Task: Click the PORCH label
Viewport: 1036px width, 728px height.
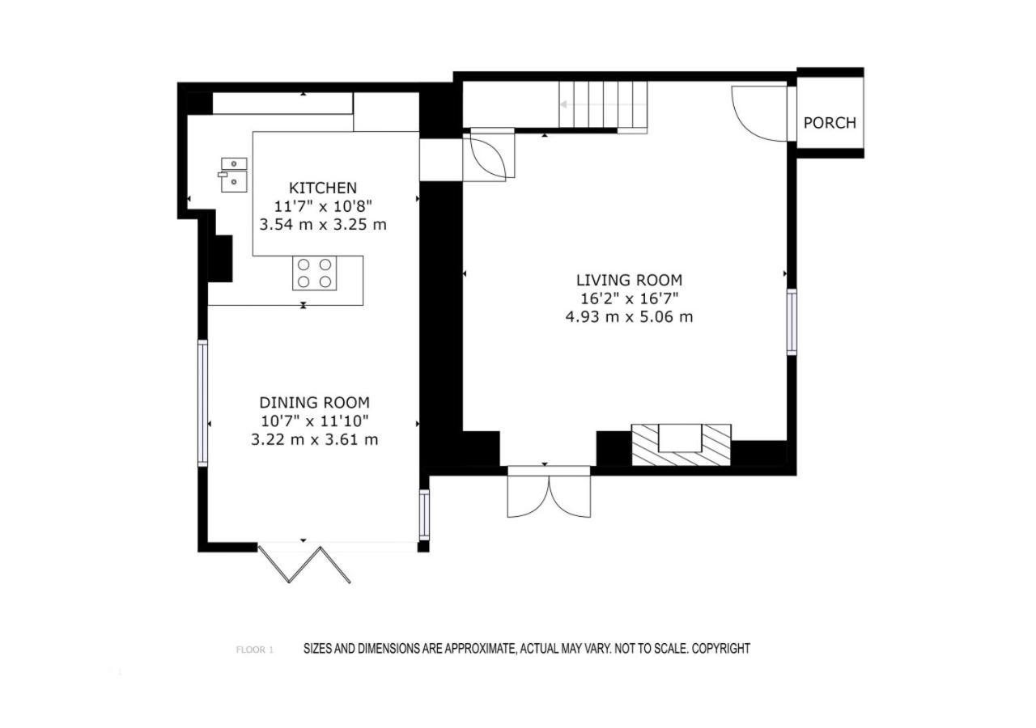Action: [830, 123]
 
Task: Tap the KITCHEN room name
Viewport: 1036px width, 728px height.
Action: [323, 188]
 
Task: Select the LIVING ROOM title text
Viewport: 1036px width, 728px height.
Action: [629, 280]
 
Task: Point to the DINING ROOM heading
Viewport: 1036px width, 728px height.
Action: [315, 403]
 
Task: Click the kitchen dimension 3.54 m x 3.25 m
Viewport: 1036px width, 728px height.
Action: [323, 225]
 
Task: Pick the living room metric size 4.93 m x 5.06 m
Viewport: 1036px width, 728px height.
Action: [629, 317]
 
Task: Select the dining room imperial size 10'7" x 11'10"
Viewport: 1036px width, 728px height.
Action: [315, 421]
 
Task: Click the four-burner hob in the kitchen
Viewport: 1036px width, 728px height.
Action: [315, 273]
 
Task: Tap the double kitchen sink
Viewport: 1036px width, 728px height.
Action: [234, 175]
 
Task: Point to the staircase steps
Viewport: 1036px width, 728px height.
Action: [603, 105]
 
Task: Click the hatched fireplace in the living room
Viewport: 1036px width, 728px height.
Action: [681, 445]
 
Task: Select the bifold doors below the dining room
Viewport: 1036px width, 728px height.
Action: [304, 565]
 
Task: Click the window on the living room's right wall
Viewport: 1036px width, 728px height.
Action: [792, 322]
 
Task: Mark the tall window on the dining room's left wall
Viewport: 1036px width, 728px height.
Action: [202, 403]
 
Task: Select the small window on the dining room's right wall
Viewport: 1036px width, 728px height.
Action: [424, 514]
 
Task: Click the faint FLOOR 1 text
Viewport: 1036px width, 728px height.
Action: [255, 650]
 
